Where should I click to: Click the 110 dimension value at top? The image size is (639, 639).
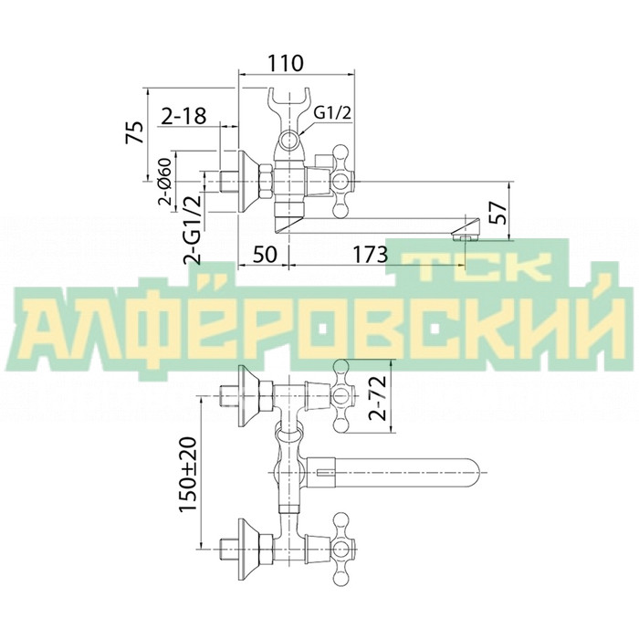[285, 63]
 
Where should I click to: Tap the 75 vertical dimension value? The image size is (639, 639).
[135, 132]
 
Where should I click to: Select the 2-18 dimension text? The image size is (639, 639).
[183, 116]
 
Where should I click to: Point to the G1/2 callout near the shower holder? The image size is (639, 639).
[332, 113]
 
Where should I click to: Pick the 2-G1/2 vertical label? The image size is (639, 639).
[194, 230]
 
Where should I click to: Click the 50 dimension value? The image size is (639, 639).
[265, 255]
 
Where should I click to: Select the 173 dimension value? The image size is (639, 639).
[370, 255]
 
